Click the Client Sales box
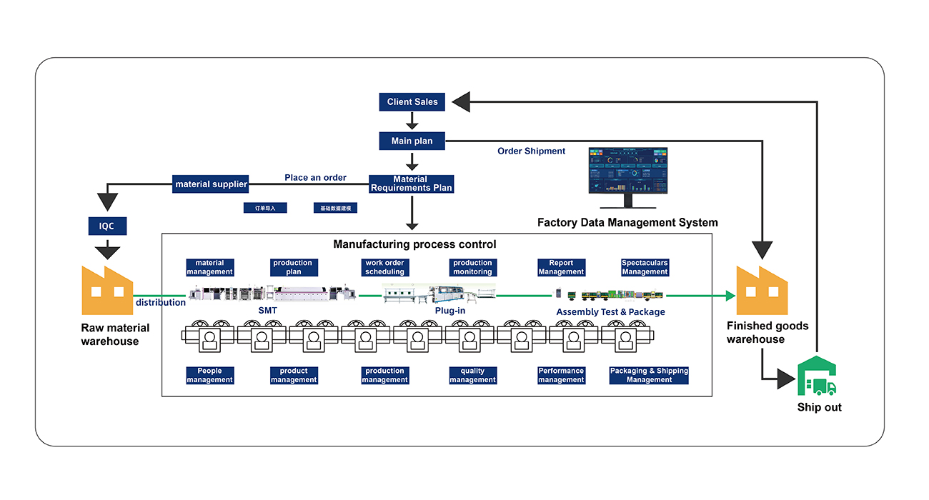click(412, 102)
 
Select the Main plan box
click(412, 141)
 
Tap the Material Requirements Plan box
click(411, 184)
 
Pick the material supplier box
click(211, 184)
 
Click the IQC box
click(107, 227)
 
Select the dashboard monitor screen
click(627, 171)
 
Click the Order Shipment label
click(531, 151)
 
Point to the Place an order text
click(315, 178)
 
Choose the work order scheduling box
click(384, 268)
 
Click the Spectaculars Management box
click(645, 268)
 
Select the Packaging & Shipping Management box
click(649, 376)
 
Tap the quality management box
click(472, 376)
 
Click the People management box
click(209, 376)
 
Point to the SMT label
click(267, 311)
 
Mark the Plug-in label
click(450, 311)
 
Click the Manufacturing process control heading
click(414, 244)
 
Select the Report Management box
click(561, 268)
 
